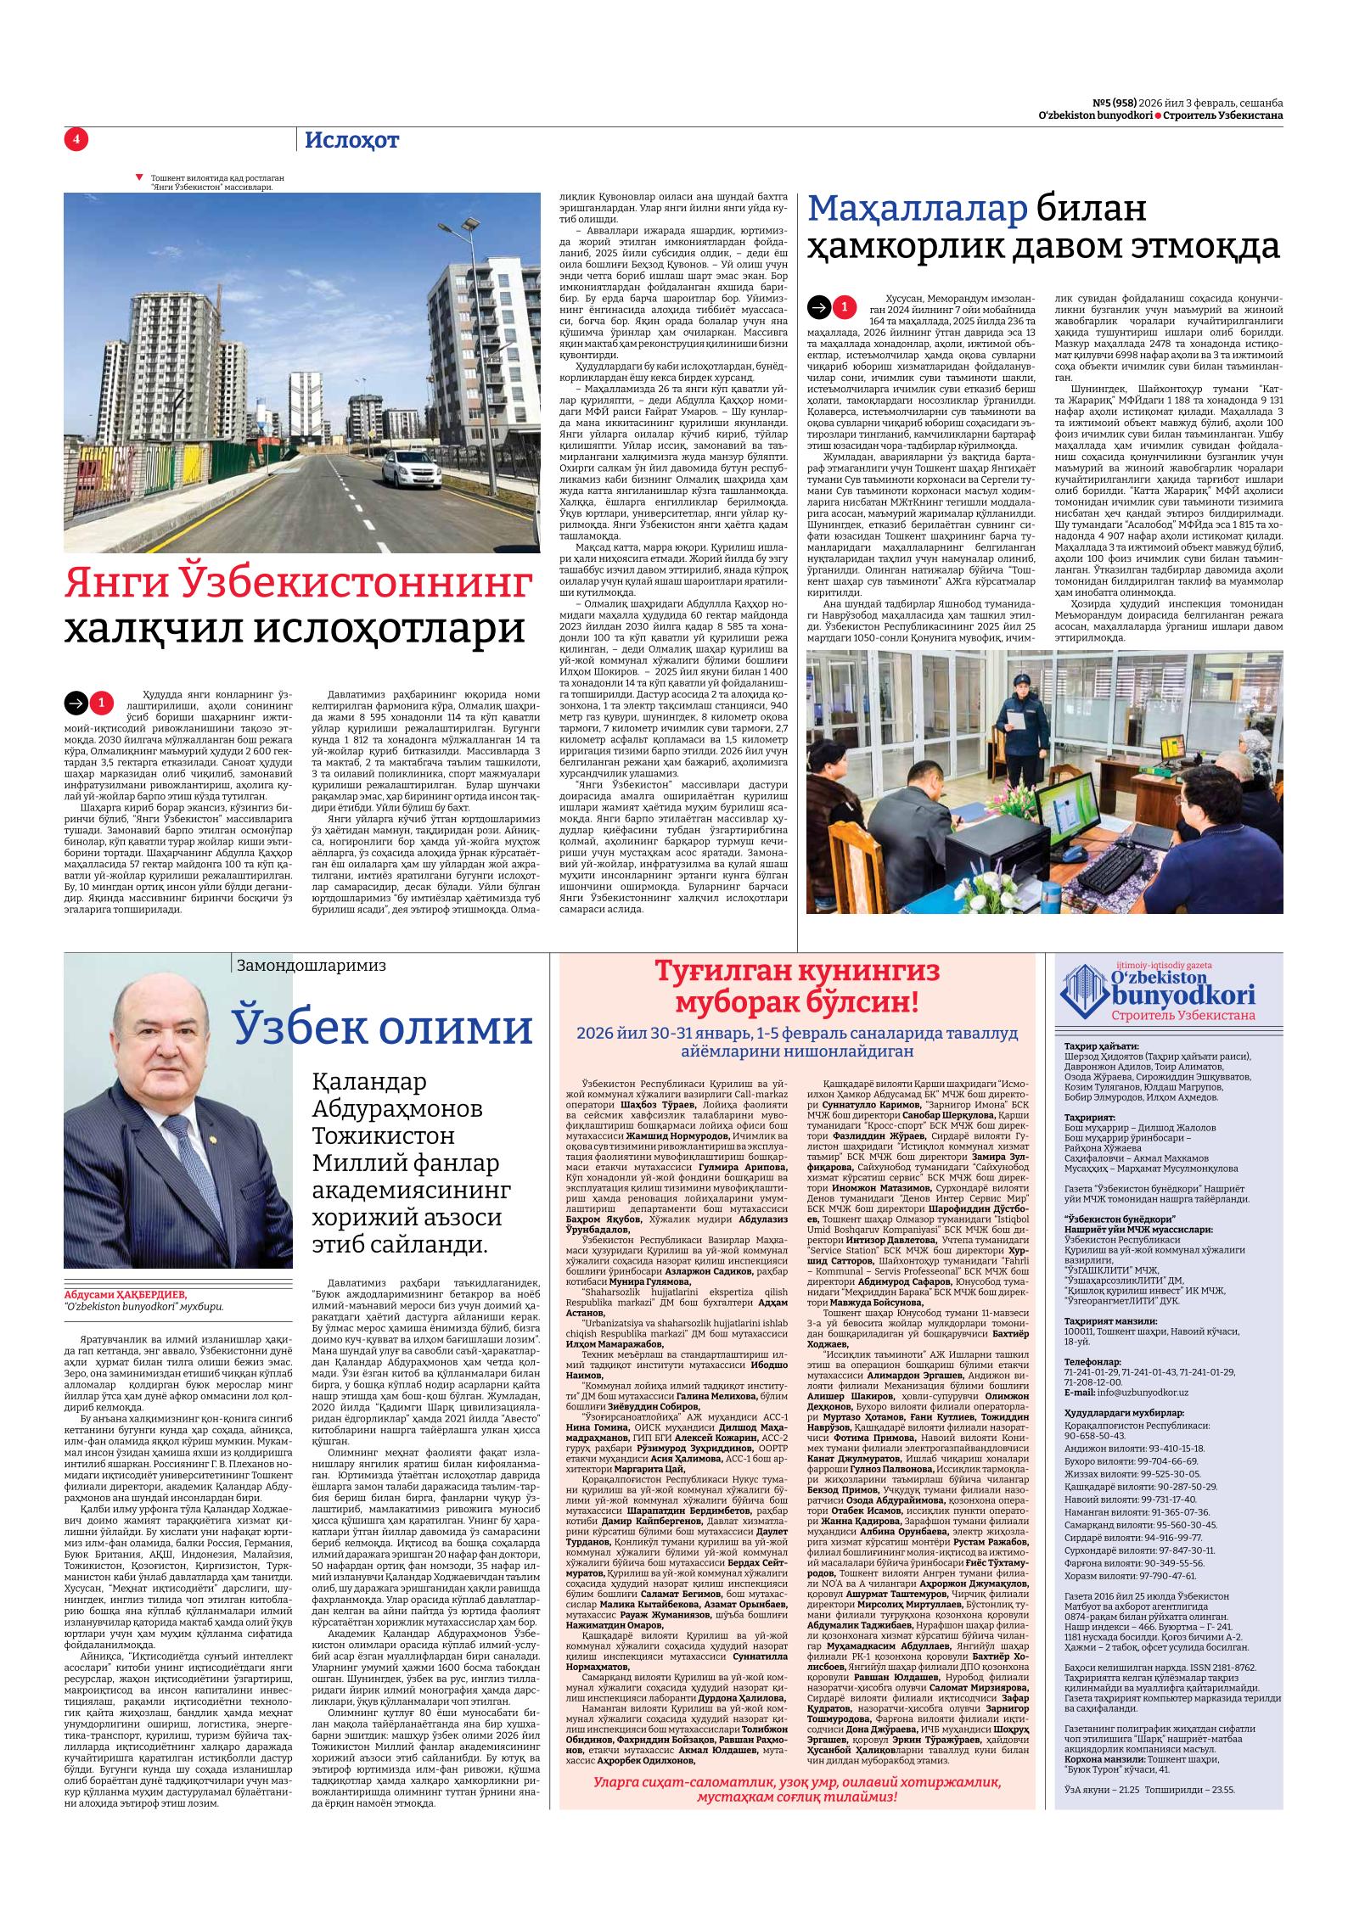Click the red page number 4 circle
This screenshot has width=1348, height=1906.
(x=76, y=140)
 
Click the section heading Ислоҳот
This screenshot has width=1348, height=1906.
(x=351, y=141)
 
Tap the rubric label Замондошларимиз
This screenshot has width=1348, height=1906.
(x=312, y=965)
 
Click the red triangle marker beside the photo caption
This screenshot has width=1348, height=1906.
(x=139, y=177)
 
